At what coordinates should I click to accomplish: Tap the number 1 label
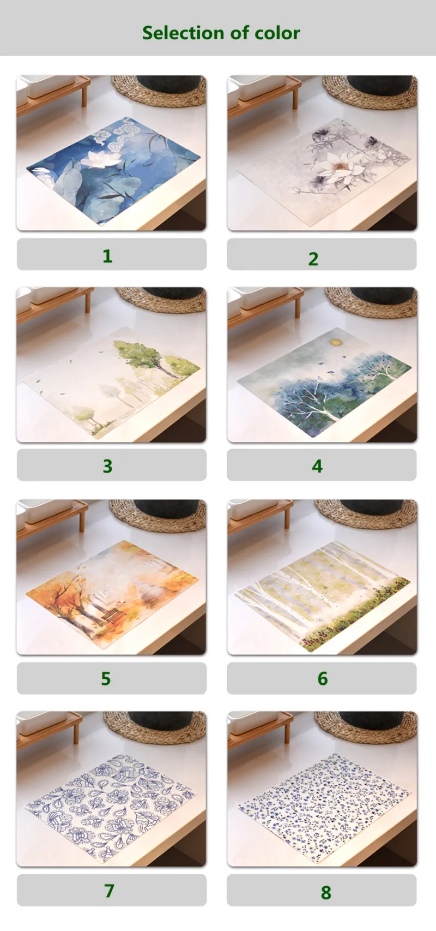click(107, 256)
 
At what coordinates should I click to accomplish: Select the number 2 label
click(313, 259)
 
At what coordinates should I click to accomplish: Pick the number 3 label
click(107, 467)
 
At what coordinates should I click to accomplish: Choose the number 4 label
click(317, 467)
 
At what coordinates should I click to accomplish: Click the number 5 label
click(106, 678)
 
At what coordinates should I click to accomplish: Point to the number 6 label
click(323, 678)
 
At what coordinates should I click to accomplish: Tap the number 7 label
click(109, 890)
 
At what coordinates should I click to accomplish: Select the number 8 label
click(326, 892)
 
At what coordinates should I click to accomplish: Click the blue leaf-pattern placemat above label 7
click(110, 808)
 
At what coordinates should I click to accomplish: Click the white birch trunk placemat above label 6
click(322, 596)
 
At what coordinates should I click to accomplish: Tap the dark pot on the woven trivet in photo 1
click(168, 83)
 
